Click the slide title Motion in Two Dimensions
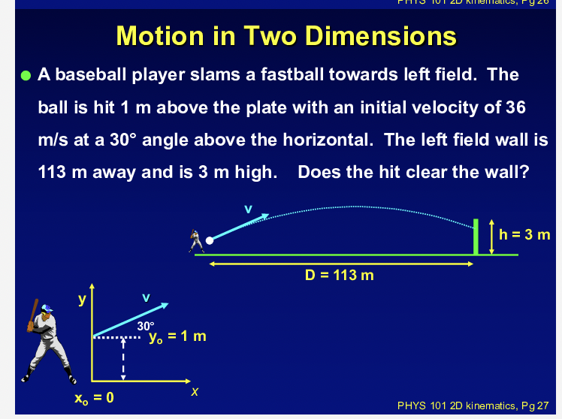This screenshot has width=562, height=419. (x=286, y=35)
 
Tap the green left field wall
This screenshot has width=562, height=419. (x=475, y=237)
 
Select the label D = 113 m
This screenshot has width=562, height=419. (x=339, y=275)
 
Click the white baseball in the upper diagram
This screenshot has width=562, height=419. (x=210, y=241)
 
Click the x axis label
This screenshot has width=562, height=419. (x=195, y=393)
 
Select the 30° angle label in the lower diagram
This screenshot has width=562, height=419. (x=145, y=326)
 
